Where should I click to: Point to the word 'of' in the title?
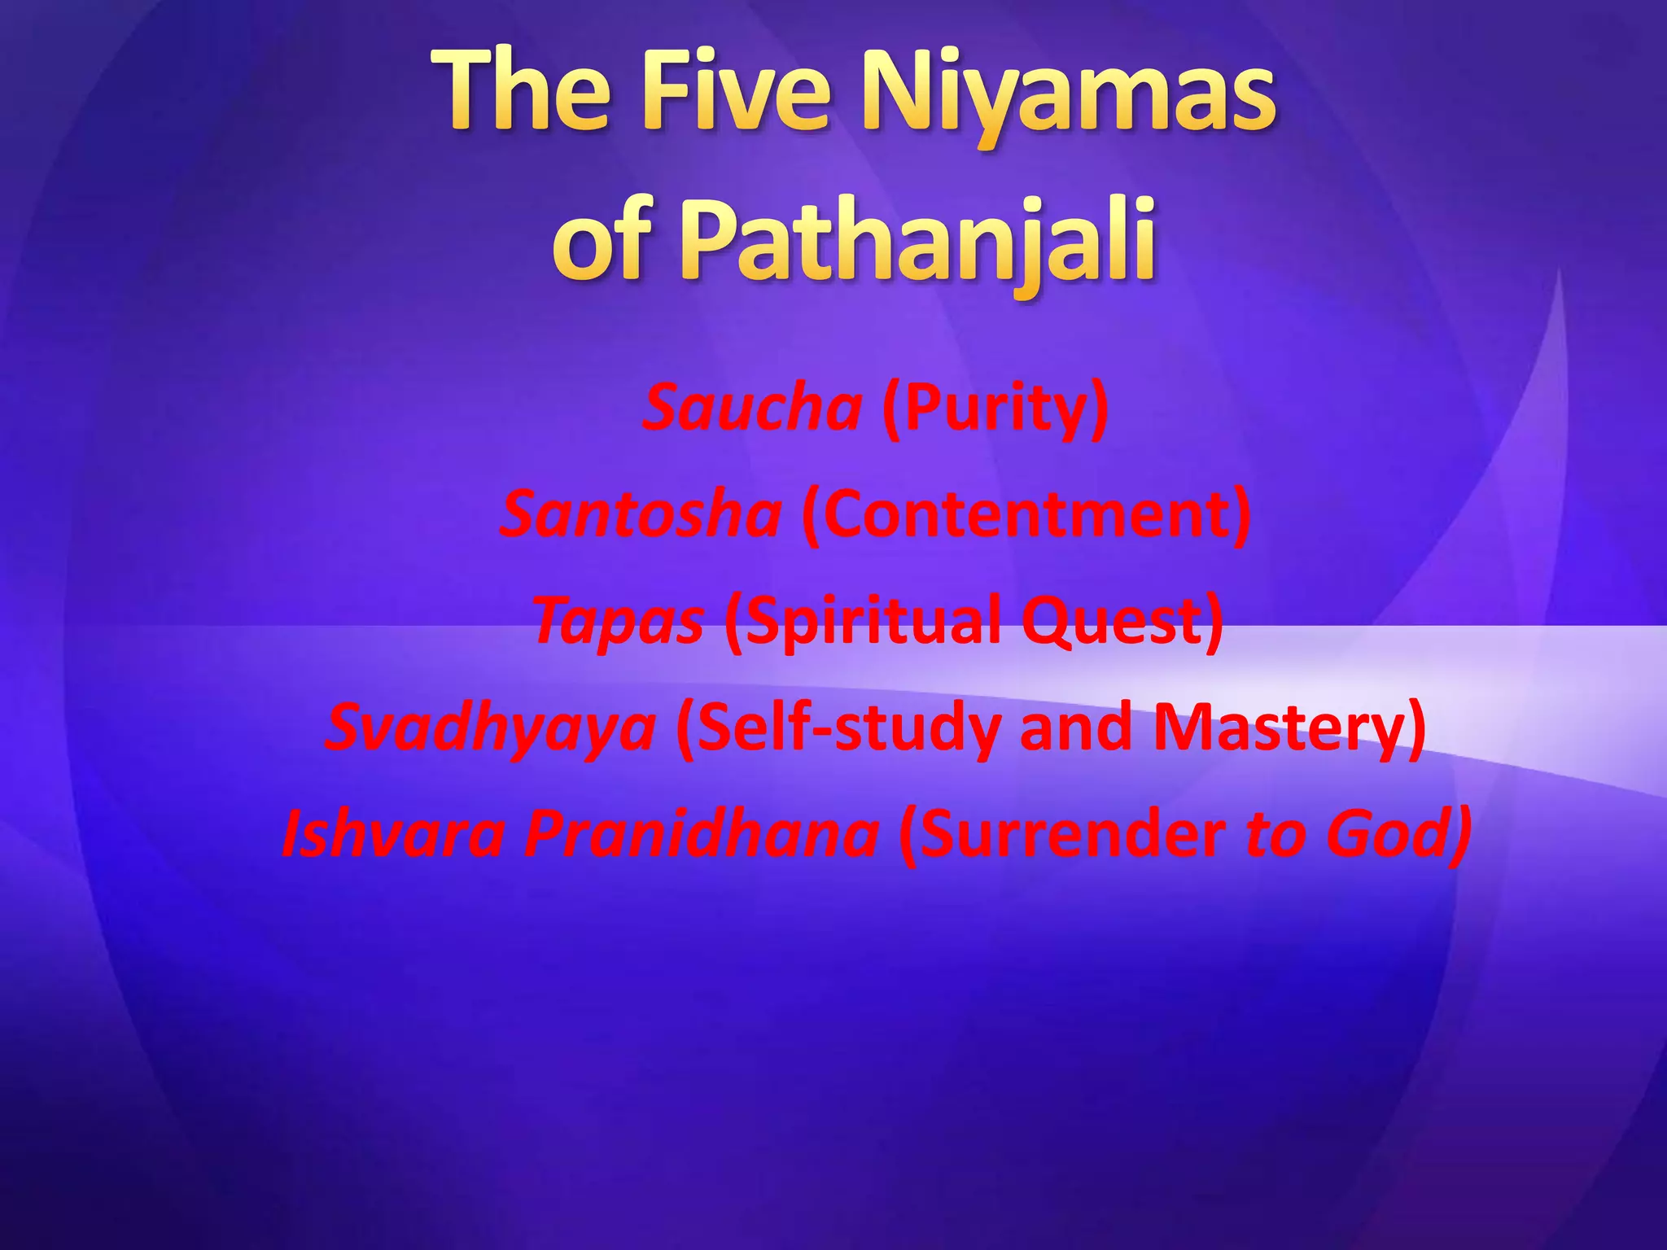[603, 241]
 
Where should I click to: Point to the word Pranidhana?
[701, 834]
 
